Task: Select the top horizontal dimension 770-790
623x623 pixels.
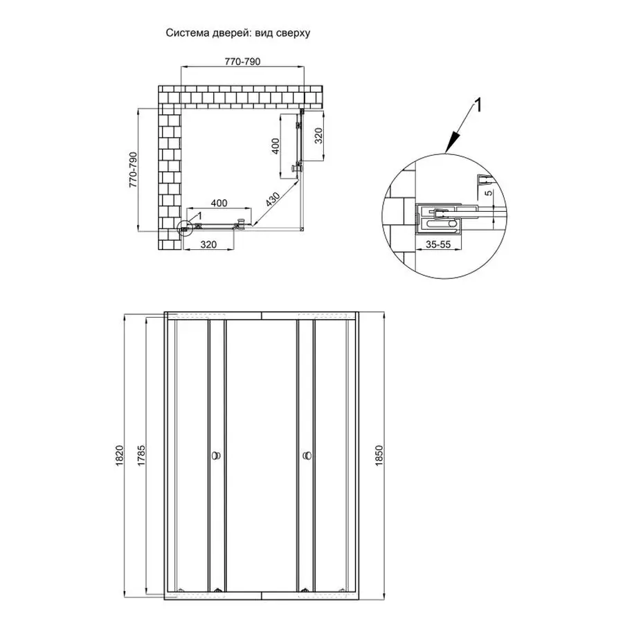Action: [242, 62]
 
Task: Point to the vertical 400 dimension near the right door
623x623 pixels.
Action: [275, 146]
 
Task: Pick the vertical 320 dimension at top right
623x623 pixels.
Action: [318, 136]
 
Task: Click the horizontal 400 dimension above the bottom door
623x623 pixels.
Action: [219, 203]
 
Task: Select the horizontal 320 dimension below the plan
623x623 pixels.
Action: [209, 244]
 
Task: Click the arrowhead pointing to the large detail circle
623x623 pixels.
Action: [448, 147]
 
